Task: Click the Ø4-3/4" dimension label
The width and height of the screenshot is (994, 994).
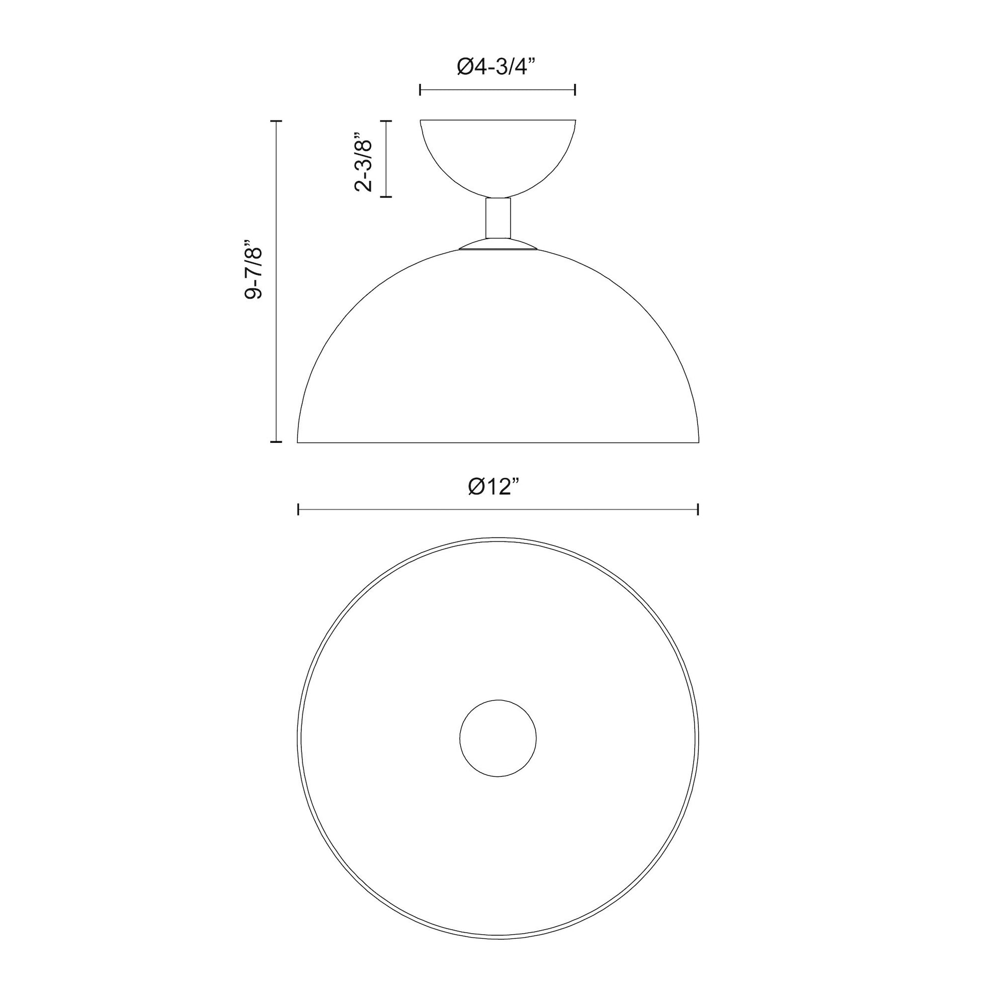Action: [x=496, y=67]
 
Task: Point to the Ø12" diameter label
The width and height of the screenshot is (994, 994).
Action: [x=497, y=486]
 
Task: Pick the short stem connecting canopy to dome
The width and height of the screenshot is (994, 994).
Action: [x=498, y=218]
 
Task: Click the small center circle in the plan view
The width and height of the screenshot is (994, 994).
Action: [x=498, y=738]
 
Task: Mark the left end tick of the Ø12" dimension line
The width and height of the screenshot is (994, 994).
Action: [x=298, y=509]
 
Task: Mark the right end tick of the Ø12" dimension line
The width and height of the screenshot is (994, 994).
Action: [x=698, y=509]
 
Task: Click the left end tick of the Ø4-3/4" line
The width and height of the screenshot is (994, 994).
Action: [x=420, y=90]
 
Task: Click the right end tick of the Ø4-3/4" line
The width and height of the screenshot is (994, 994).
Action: [x=575, y=90]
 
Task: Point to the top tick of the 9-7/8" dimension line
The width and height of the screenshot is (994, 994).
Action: [x=276, y=121]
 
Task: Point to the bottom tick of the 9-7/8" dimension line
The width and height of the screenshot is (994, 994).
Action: [x=276, y=441]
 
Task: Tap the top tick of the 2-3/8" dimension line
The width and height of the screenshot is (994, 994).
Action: [x=386, y=121]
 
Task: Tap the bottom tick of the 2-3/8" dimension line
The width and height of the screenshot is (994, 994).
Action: [x=386, y=197]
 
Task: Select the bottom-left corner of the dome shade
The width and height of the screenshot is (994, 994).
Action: [x=298, y=441]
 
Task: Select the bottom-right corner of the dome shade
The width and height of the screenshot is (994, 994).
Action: [x=699, y=441]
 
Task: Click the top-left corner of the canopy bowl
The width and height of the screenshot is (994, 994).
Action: [x=421, y=121]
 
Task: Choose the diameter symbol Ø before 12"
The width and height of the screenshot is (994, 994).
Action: [x=476, y=486]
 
